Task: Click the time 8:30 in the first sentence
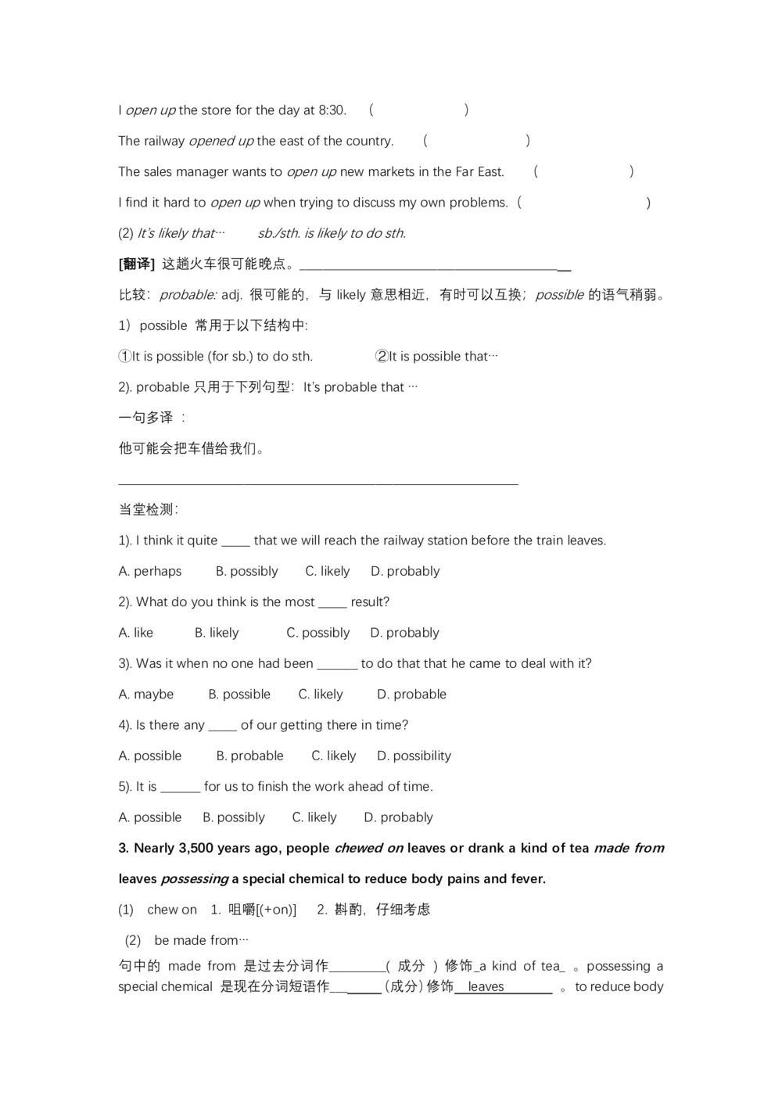[332, 110]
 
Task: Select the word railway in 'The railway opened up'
[164, 141]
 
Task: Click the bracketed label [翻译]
[137, 264]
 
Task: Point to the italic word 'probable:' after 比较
[188, 295]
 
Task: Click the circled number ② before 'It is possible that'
[382, 357]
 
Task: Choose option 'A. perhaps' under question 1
[150, 571]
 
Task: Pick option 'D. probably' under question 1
[405, 571]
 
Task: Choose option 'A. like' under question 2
[136, 633]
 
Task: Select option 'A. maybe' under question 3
[146, 695]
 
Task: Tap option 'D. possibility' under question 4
[414, 756]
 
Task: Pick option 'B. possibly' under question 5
[234, 817]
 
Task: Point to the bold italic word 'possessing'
[195, 879]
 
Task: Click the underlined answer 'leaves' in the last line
[486, 987]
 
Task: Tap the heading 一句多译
[146, 418]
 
